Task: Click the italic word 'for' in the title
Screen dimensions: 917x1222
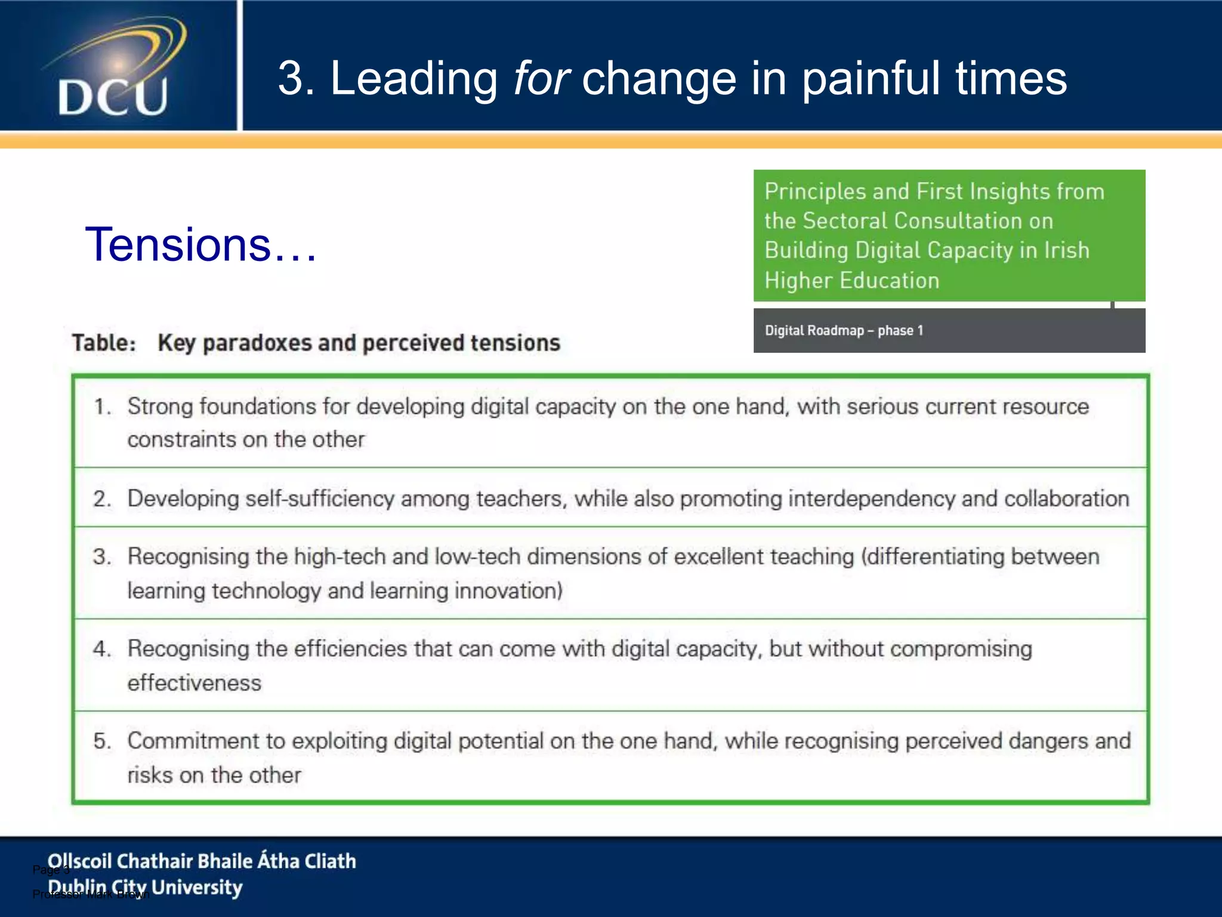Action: click(x=541, y=78)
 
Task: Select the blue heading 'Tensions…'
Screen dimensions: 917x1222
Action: click(x=200, y=245)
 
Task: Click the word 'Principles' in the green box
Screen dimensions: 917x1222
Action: click(x=815, y=192)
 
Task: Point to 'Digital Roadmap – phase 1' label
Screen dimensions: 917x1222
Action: click(x=844, y=331)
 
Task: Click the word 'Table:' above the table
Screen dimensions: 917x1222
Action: click(x=104, y=343)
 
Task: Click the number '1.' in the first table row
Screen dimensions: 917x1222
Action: click(x=102, y=407)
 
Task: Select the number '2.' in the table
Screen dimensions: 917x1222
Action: click(x=102, y=499)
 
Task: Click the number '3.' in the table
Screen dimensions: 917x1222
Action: click(x=102, y=557)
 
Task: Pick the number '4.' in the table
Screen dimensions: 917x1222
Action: click(x=102, y=649)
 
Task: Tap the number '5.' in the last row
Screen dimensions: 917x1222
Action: click(x=102, y=741)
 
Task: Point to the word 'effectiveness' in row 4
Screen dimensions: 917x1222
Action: click(x=195, y=683)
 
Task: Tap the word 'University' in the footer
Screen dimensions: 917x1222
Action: click(x=197, y=888)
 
